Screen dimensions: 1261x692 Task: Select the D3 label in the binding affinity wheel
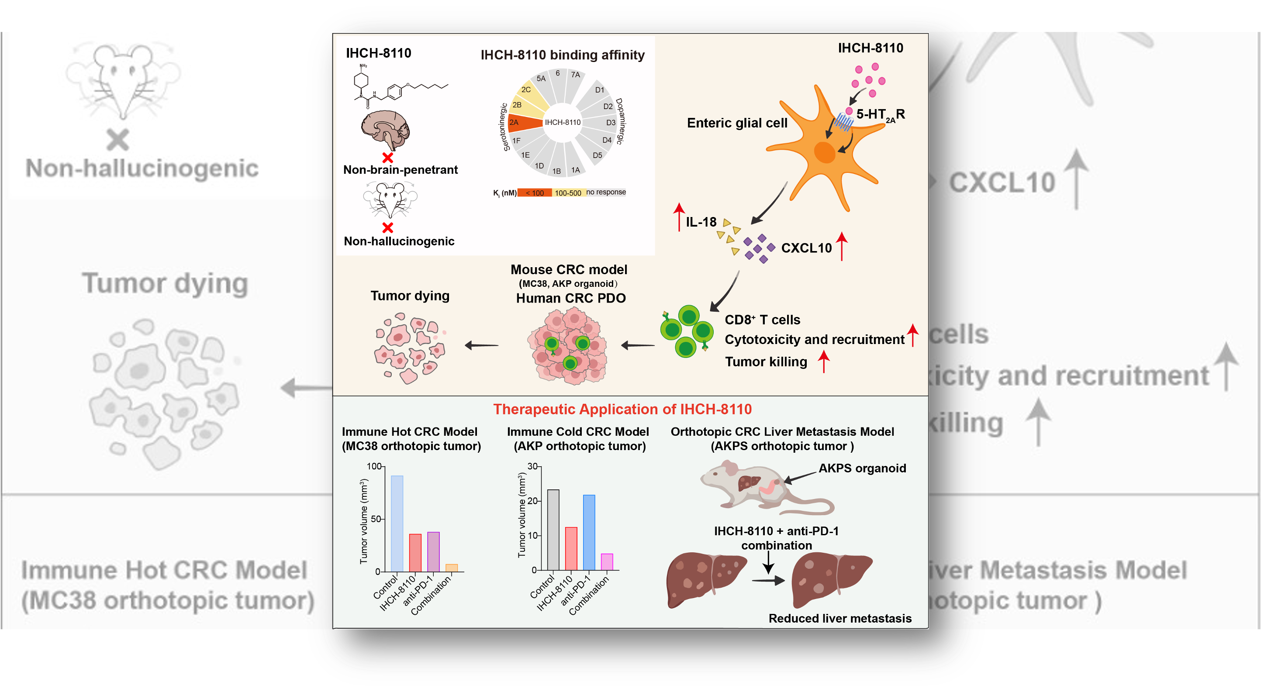point(611,123)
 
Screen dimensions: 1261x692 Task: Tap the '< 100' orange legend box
point(535,193)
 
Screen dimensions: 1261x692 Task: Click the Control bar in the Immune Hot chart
point(397,523)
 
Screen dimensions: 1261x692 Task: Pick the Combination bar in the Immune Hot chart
point(452,568)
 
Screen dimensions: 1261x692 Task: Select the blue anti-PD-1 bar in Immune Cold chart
point(589,533)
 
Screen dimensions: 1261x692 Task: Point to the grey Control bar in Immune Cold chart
point(553,530)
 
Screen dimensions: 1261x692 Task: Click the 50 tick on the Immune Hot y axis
point(376,519)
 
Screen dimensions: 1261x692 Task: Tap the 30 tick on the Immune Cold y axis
point(532,466)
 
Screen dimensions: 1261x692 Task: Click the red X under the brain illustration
point(388,158)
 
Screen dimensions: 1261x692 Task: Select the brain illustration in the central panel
point(385,129)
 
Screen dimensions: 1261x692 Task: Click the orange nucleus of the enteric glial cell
point(824,152)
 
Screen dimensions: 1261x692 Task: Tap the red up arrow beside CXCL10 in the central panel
point(842,246)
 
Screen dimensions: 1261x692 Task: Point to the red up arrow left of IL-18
point(678,217)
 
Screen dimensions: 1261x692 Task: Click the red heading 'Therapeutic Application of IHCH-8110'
point(622,409)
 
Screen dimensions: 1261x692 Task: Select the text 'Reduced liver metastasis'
point(840,618)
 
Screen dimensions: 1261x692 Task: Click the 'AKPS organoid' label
point(862,468)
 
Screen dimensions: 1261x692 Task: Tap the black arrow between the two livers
point(768,581)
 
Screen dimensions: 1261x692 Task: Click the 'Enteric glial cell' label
point(737,123)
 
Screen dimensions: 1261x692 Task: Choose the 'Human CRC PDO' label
point(571,298)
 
